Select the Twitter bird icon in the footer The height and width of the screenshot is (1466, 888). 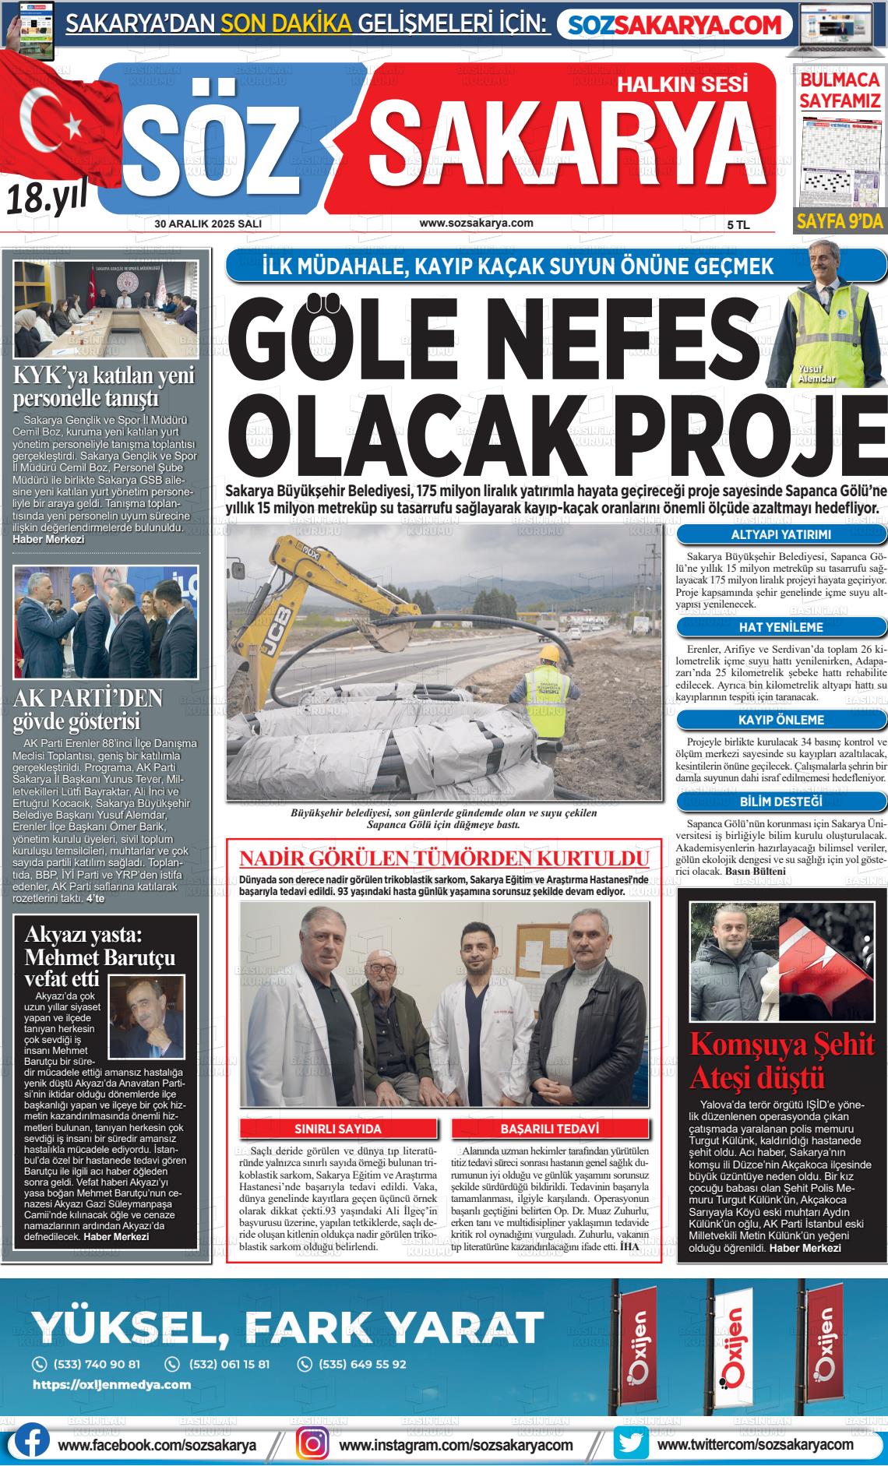pos(630,1443)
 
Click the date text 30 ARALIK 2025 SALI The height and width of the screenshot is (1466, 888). pos(208,224)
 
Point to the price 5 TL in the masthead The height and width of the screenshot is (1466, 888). pos(738,224)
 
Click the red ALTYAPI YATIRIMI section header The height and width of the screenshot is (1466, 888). pos(781,535)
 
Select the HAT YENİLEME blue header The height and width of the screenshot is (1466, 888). pos(781,627)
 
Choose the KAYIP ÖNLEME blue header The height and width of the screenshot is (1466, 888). pos(781,720)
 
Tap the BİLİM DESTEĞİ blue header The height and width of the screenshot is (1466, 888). pos(781,802)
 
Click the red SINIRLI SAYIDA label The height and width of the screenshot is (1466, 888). pos(337,1129)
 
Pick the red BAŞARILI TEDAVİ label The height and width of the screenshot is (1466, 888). pos(550,1129)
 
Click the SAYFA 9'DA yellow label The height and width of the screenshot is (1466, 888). pos(840,222)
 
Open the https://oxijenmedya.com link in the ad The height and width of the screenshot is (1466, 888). pos(111,1384)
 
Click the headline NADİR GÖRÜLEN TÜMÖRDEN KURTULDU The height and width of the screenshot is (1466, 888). pos(444,858)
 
